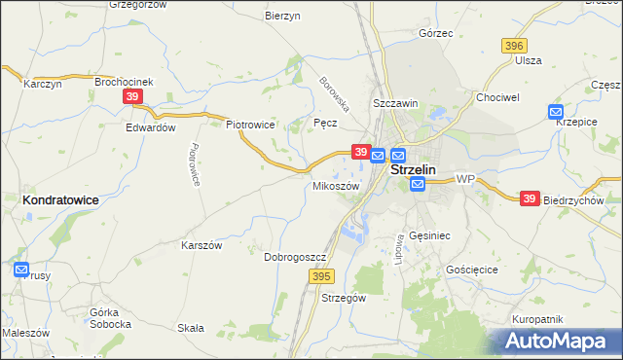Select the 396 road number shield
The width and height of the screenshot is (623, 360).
514,46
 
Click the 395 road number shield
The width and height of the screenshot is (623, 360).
323,277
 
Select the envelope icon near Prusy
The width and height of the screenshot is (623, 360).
21,270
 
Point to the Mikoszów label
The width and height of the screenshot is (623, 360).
336,185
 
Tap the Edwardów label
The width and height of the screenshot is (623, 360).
150,126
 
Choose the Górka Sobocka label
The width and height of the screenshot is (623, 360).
110,317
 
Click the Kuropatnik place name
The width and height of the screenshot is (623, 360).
537,319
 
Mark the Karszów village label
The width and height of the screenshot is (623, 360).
202,245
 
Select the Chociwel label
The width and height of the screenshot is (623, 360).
495,98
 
